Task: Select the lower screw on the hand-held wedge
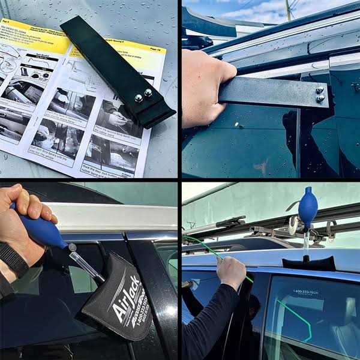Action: (x=320, y=98)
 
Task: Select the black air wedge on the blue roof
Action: (x=308, y=263)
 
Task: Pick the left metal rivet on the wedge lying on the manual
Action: (x=139, y=98)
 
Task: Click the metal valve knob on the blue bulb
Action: (x=73, y=247)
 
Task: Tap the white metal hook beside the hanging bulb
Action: (x=293, y=226)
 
